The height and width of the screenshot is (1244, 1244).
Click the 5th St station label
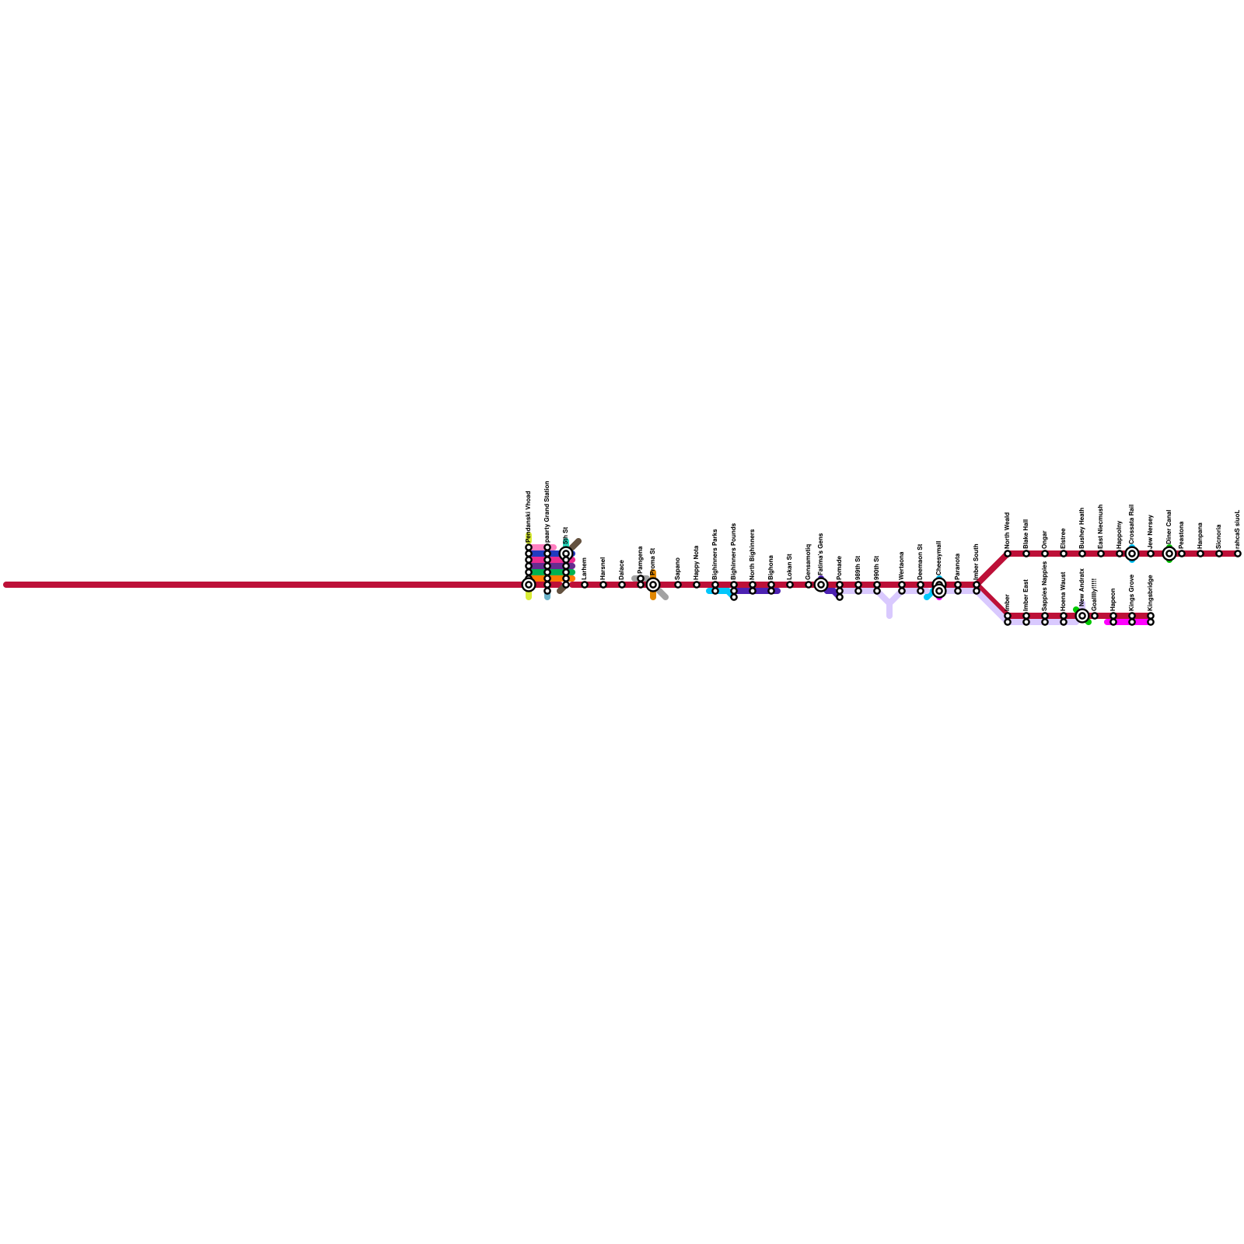(x=566, y=536)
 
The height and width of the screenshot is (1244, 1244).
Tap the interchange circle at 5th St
(x=566, y=554)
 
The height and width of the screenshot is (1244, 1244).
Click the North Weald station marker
(x=1008, y=554)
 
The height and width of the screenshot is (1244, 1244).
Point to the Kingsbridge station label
(x=1151, y=592)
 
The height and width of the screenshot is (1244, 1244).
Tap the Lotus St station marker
(x=790, y=585)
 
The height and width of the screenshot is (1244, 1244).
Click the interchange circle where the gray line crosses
(x=653, y=585)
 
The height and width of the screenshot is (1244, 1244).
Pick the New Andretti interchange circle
(x=1082, y=616)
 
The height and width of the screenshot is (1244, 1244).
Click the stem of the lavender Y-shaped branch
(x=889, y=612)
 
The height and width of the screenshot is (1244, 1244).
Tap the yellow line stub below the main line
(x=529, y=596)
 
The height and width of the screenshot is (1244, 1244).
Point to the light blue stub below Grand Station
(x=547, y=597)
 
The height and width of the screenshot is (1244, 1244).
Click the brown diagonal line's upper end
(x=578, y=541)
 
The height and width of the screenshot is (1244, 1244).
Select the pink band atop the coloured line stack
(x=538, y=547)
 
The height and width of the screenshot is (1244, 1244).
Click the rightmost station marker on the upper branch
(x=1238, y=554)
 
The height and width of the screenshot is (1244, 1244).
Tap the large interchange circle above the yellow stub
(x=529, y=585)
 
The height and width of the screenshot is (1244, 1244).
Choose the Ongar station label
(x=1044, y=538)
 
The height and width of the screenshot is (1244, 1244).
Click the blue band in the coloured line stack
(x=538, y=554)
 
